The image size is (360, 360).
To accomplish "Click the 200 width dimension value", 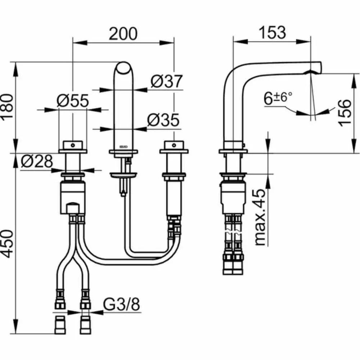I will pos(123,34).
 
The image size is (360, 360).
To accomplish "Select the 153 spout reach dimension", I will pos(272,32).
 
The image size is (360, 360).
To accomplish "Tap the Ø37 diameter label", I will pos(167,81).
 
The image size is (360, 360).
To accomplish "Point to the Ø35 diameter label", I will pos(163,120).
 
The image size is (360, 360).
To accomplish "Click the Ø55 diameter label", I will pos(72,102).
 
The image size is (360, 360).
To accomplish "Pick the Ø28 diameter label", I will pos(36,162).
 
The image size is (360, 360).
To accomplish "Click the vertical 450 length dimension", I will pos(8,244).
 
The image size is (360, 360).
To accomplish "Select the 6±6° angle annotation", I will pos(278,98).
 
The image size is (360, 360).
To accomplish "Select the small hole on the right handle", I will pos(174,145).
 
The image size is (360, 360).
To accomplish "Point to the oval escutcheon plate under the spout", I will pos(124,175).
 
